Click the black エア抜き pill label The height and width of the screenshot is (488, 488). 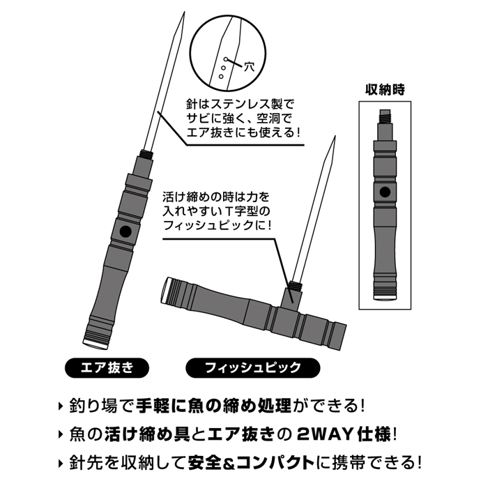(x=107, y=368)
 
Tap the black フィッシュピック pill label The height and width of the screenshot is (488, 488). (x=252, y=368)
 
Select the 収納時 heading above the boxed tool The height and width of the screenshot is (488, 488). (x=385, y=90)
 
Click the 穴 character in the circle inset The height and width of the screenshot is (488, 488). (x=249, y=67)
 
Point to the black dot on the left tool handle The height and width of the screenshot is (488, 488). (x=125, y=231)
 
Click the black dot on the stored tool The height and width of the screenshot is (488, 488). (x=385, y=192)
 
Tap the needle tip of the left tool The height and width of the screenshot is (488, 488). (x=184, y=13)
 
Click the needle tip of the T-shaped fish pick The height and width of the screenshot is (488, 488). (x=335, y=137)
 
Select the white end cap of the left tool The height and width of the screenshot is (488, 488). (x=96, y=344)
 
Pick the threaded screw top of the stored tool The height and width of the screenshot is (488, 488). (x=385, y=117)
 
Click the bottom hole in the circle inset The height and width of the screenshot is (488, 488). (x=221, y=76)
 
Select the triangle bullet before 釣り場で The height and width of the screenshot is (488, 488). (x=61, y=406)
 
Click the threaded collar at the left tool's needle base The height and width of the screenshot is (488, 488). (x=147, y=154)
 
